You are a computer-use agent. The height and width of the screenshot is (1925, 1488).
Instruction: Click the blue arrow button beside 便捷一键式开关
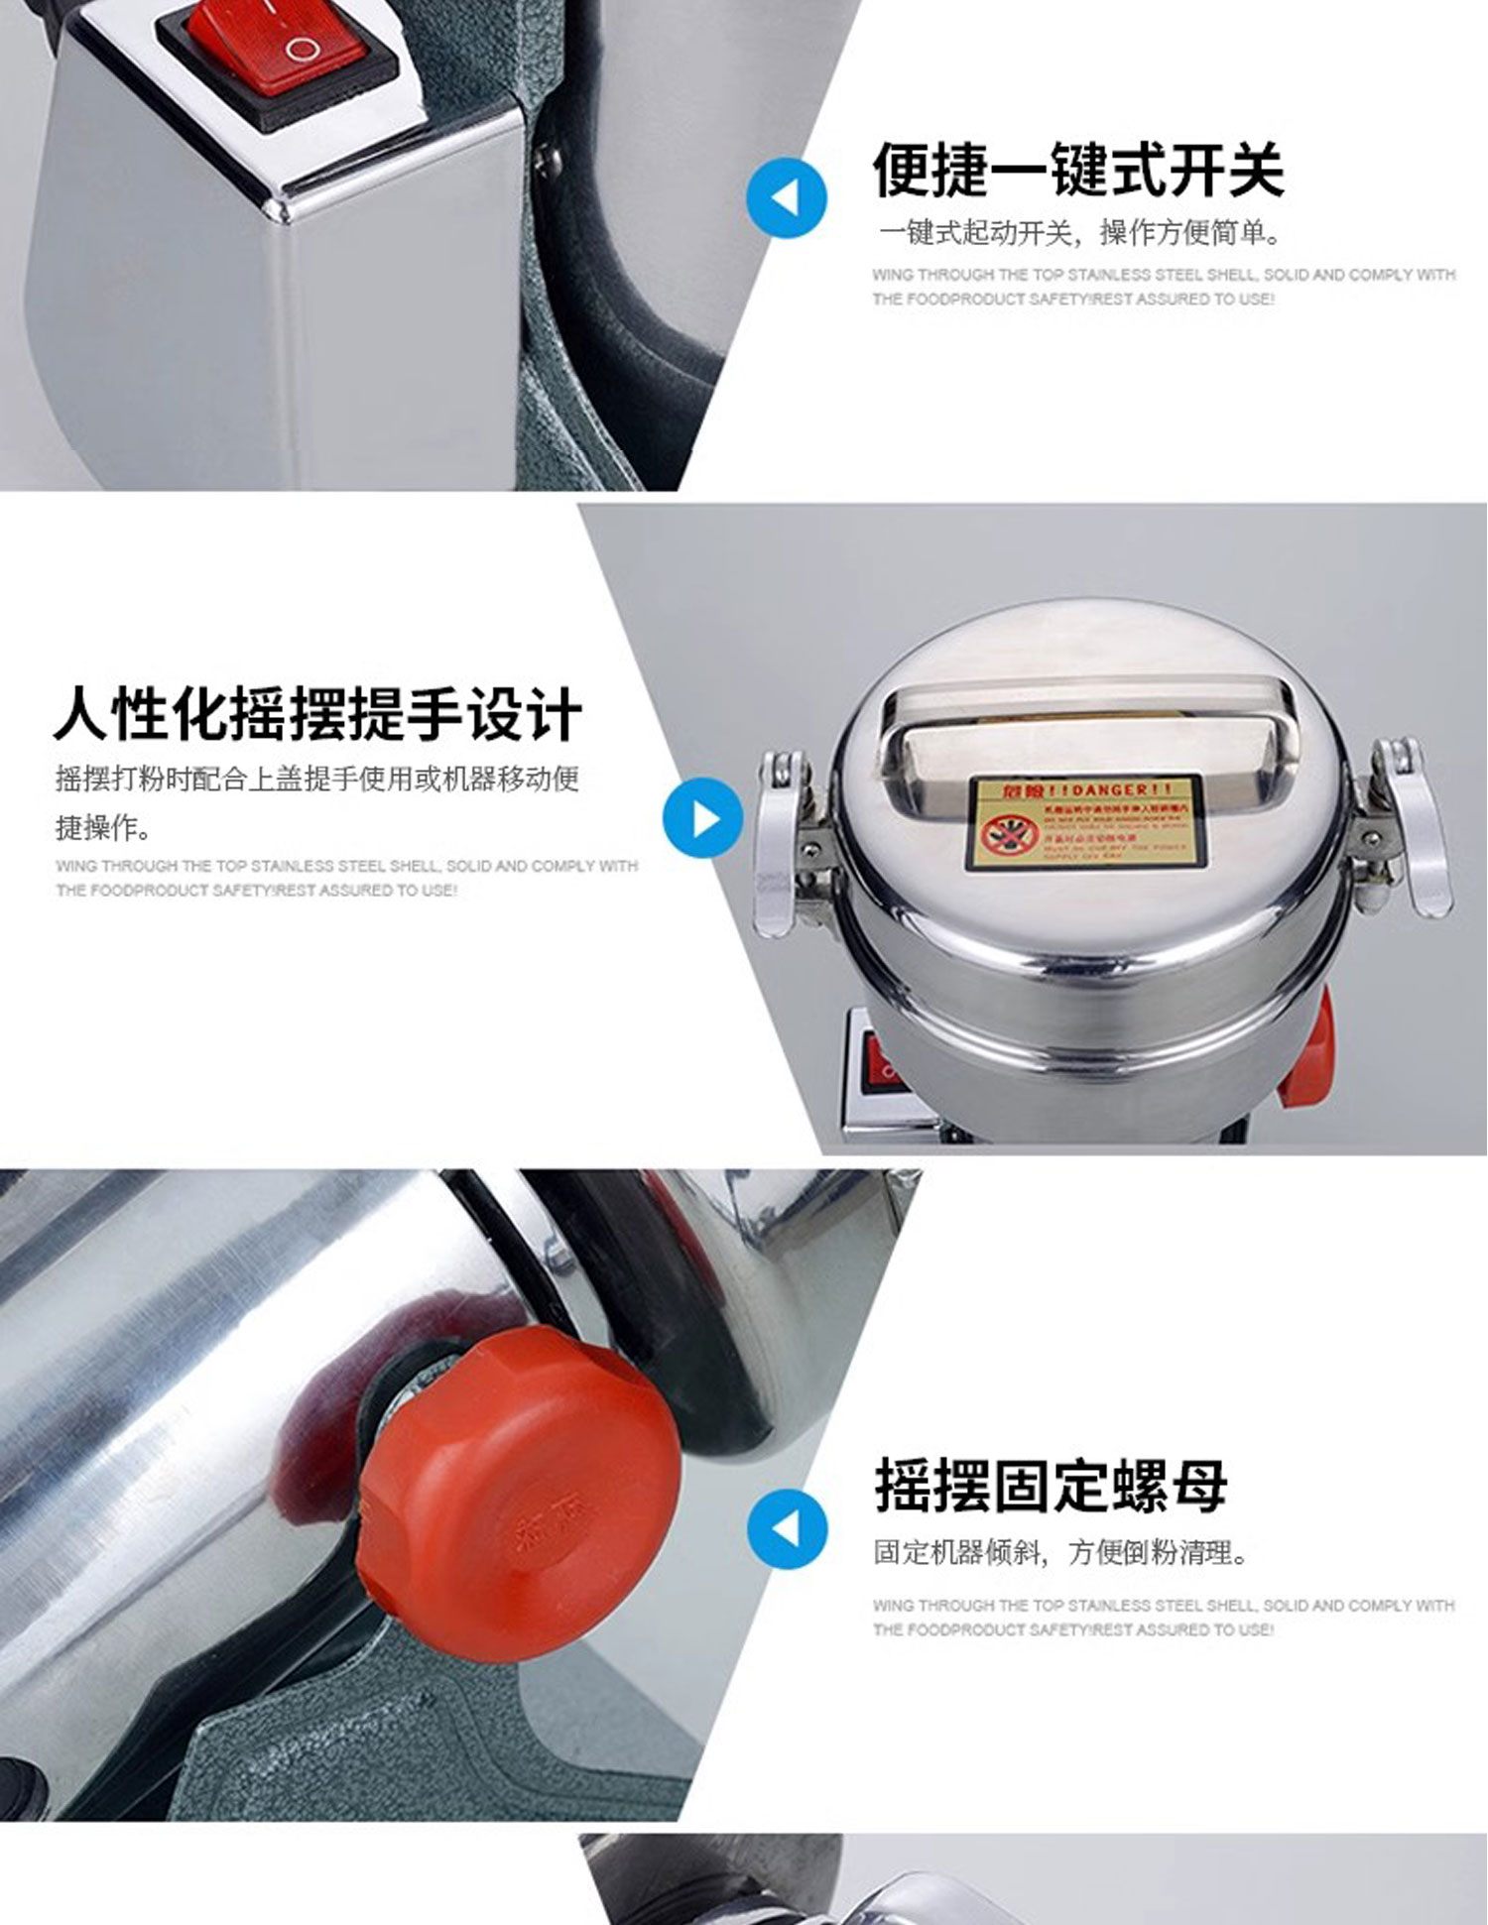pos(786,197)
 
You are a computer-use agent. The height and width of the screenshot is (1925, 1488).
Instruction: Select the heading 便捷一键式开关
pos(1078,170)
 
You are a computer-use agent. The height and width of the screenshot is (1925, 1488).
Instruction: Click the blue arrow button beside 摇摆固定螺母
pos(786,1528)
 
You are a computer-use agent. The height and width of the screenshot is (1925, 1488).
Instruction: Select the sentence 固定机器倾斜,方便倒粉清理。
pos(1060,1552)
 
